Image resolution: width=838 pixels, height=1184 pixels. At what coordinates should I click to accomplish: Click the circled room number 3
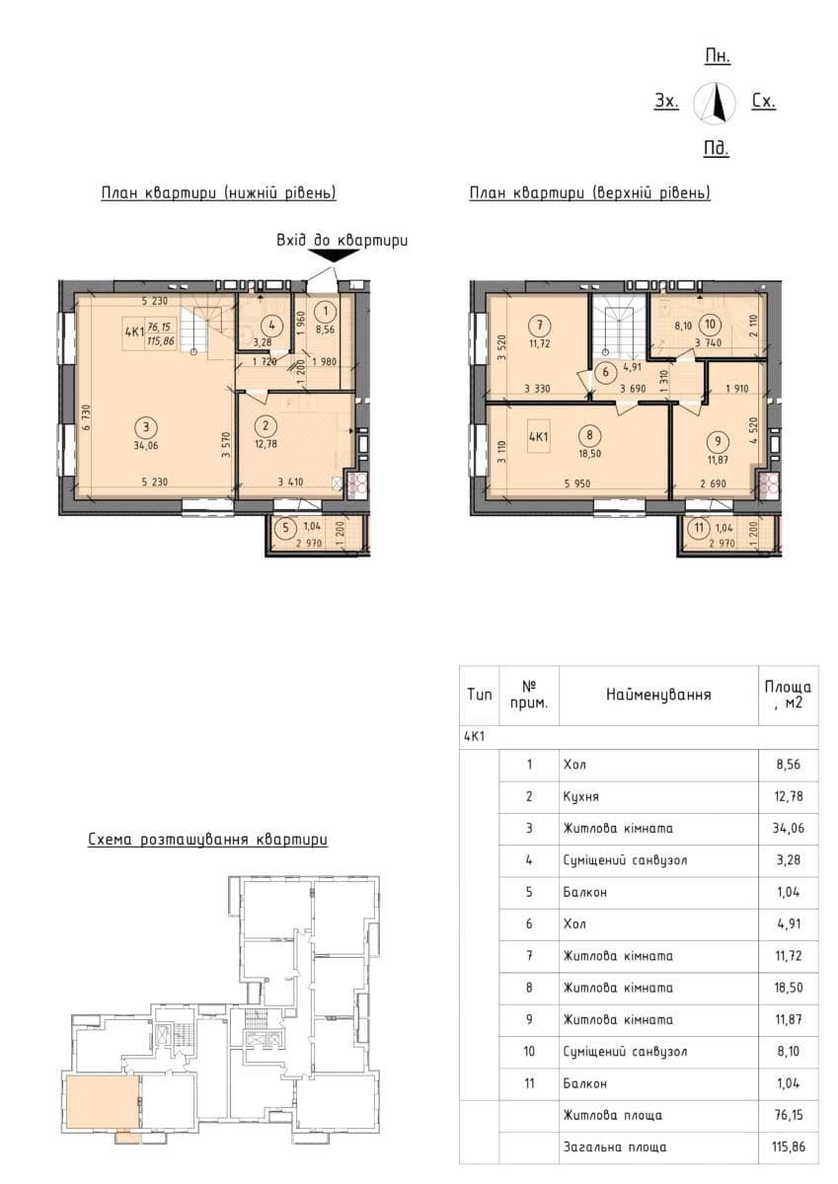[146, 426]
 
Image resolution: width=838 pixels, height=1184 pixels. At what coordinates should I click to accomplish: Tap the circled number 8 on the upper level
[589, 435]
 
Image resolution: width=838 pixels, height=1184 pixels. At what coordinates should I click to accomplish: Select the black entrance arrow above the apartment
[334, 256]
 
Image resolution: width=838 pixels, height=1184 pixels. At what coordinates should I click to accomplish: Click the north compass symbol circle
[715, 105]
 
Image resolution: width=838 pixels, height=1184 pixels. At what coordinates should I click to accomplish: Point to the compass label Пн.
[718, 56]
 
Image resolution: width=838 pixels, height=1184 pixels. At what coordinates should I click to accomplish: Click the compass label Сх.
[763, 101]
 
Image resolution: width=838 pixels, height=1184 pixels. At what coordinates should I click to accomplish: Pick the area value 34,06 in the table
[789, 828]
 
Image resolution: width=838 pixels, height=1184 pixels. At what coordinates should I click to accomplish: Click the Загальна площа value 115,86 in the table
[788, 1147]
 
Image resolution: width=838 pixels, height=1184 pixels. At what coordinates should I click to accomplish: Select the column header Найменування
[658, 694]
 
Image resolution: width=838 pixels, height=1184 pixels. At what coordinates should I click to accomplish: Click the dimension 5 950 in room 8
[577, 483]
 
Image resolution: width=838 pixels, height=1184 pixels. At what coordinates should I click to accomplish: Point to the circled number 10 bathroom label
[710, 324]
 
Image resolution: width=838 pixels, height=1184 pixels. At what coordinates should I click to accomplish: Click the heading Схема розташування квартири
[208, 840]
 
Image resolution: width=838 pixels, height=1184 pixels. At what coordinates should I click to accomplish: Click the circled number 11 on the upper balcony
[699, 528]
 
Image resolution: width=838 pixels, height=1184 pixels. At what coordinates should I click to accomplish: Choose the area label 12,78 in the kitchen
[266, 444]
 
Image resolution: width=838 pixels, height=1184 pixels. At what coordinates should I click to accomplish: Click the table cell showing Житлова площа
[612, 1115]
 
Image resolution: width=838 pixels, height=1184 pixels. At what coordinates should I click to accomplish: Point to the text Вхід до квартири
[343, 240]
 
